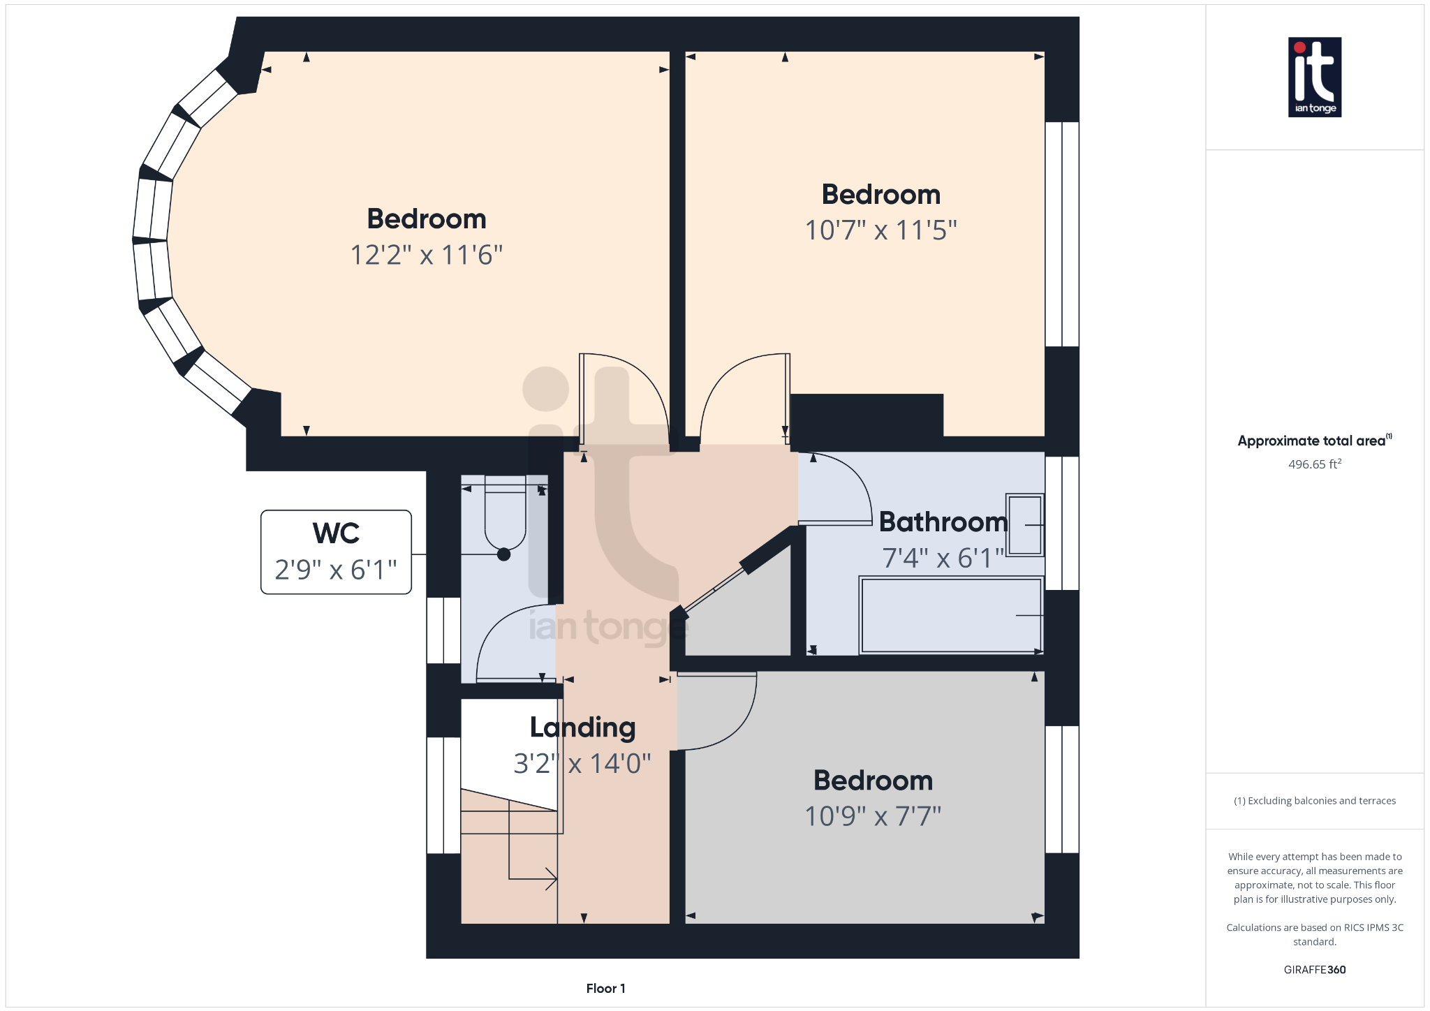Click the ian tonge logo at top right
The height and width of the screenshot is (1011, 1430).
pyautogui.click(x=1314, y=77)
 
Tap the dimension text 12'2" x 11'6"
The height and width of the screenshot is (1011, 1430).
pyautogui.click(x=426, y=255)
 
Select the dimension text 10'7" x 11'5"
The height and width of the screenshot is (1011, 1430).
pyautogui.click(x=880, y=230)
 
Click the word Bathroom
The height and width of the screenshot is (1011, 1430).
pyautogui.click(x=943, y=522)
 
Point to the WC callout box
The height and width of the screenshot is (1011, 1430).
pyautogui.click(x=336, y=552)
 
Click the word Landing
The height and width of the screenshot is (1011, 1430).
pyautogui.click(x=582, y=728)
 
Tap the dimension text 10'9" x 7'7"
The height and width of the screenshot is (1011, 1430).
pyautogui.click(x=873, y=816)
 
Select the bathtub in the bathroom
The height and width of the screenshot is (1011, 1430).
pyautogui.click(x=951, y=615)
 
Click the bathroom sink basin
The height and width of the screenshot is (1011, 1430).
pyautogui.click(x=1024, y=525)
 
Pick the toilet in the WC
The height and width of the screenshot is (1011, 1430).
pyautogui.click(x=505, y=517)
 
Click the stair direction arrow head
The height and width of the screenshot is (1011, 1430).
pyautogui.click(x=552, y=879)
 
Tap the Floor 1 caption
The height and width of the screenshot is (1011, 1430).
pyautogui.click(x=605, y=989)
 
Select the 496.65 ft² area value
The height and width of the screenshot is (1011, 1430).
pyautogui.click(x=1314, y=464)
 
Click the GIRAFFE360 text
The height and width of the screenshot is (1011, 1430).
pyautogui.click(x=1314, y=970)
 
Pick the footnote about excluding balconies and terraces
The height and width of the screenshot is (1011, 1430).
pyautogui.click(x=1314, y=801)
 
